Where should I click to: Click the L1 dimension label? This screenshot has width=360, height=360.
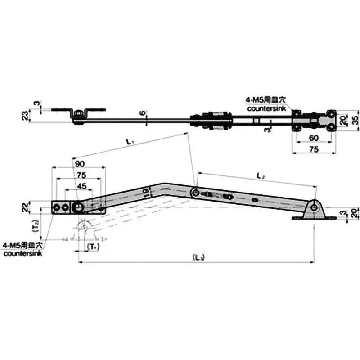tap(129, 142)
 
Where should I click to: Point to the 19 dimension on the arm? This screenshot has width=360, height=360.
tap(145, 193)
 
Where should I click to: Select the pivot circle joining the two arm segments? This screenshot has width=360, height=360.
tap(195, 193)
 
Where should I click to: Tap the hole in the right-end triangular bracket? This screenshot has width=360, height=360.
tap(313, 207)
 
